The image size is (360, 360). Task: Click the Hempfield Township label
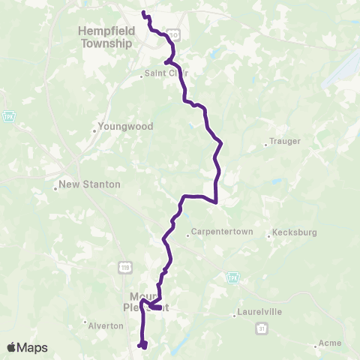[x=105, y=37]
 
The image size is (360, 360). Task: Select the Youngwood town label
[x=125, y=127]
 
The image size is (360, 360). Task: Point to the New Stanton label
[x=89, y=184]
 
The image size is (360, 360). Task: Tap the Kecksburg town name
[x=297, y=232]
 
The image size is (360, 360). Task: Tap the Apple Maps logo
[x=27, y=347]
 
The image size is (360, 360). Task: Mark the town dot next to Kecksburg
[x=269, y=237]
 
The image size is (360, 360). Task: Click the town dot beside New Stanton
[x=55, y=189]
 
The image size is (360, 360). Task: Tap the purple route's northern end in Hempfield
[x=142, y=13]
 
